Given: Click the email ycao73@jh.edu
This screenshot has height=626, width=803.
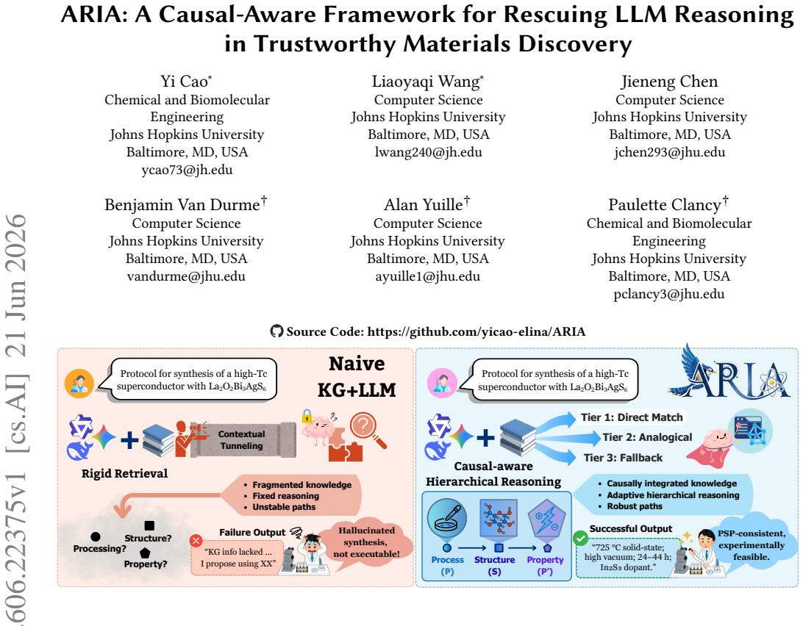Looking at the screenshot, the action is pyautogui.click(x=187, y=170).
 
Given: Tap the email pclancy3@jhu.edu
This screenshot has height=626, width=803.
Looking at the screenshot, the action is pyautogui.click(x=669, y=295).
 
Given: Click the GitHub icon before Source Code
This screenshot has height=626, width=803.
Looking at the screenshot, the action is pyautogui.click(x=276, y=331).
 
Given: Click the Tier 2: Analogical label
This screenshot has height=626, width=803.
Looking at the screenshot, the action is pyautogui.click(x=647, y=437).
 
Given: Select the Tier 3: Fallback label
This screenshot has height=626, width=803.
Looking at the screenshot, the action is pyautogui.click(x=623, y=458).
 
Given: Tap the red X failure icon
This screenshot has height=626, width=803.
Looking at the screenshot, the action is pyautogui.click(x=196, y=541).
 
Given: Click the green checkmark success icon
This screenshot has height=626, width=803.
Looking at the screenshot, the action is pyautogui.click(x=580, y=538).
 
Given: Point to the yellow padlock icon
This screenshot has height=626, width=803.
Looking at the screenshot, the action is pyautogui.click(x=307, y=416).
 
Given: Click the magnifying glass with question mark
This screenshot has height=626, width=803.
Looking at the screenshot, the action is pyautogui.click(x=367, y=429).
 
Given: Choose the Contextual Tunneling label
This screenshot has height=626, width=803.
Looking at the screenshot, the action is pyautogui.click(x=242, y=439).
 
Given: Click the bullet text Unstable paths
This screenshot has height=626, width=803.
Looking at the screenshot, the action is pyautogui.click(x=284, y=507).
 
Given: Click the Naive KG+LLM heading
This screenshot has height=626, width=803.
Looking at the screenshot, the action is pyautogui.click(x=357, y=377).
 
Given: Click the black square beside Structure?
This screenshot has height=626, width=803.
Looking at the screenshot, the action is pyautogui.click(x=149, y=525).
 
